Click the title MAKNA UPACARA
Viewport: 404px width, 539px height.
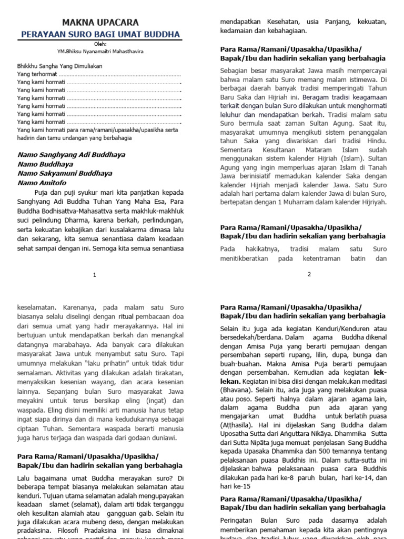[101, 23]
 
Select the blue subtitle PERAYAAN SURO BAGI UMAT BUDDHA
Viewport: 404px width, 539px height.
[100, 35]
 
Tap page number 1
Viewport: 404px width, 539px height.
[94, 274]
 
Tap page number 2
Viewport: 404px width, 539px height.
[309, 274]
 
